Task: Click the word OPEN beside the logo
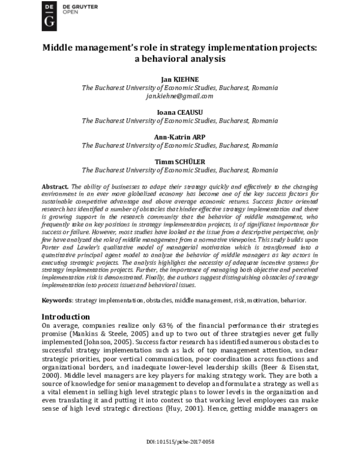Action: coord(72,11)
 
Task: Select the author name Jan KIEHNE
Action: coord(180,79)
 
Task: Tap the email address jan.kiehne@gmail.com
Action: coord(180,95)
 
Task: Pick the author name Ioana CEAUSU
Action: coord(180,112)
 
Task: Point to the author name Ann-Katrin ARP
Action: coord(180,137)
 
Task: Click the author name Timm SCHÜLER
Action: coord(180,162)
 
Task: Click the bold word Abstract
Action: coord(54,187)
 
